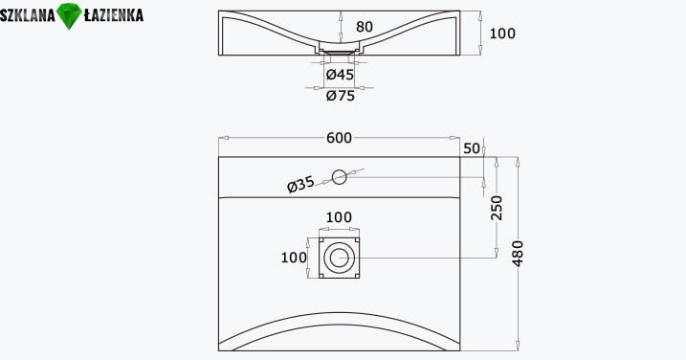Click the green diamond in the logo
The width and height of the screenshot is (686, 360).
tap(69, 15)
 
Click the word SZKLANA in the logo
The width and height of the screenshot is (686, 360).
tap(28, 15)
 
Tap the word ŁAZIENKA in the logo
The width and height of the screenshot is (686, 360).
tap(113, 15)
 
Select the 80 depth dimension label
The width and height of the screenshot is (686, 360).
tap(365, 27)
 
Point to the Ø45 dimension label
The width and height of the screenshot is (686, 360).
tap(340, 75)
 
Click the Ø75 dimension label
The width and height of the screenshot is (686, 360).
tap(341, 95)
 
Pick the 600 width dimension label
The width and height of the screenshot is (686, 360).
tap(339, 138)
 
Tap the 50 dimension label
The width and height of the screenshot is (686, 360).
tap(472, 148)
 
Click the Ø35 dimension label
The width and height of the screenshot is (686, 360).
tap(300, 185)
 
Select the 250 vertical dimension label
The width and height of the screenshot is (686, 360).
tap(497, 208)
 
